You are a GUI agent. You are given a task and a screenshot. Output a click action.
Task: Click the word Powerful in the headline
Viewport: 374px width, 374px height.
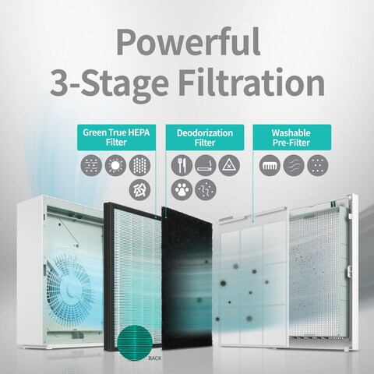coord(189,43)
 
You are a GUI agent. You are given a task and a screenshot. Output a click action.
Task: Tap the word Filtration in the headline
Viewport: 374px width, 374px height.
coord(252,82)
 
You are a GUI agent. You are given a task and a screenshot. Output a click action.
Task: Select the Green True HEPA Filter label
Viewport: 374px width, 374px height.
coord(116,137)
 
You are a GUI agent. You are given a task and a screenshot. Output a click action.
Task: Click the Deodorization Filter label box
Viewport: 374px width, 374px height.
coord(205,137)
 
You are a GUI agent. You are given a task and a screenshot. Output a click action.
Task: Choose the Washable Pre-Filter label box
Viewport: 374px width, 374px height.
coord(292,137)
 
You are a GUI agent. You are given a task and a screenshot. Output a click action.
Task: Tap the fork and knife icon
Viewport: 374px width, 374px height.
coord(182,165)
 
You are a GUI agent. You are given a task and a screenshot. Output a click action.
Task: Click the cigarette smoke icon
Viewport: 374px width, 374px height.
coord(206,165)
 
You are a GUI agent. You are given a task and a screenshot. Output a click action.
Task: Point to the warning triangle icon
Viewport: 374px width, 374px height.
coord(229,165)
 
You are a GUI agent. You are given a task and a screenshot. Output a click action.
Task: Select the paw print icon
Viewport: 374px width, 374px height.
coord(182,189)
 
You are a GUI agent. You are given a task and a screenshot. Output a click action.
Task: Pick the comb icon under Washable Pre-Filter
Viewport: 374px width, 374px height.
coord(270,165)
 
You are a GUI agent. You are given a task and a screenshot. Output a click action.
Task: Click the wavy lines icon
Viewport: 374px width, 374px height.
coord(294,165)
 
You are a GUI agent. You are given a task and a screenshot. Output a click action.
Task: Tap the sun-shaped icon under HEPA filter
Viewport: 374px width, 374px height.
coord(115,165)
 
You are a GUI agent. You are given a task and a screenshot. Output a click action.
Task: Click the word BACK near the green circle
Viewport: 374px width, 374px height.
coord(155,358)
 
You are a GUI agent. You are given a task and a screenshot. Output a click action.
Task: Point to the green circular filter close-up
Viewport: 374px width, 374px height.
coord(135,343)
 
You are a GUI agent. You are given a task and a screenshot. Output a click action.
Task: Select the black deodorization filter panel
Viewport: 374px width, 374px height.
coord(186,278)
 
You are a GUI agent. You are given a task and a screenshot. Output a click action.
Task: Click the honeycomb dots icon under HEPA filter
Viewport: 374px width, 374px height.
coord(139,165)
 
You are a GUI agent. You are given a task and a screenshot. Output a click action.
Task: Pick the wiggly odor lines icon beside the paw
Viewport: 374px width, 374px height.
coord(206,189)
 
